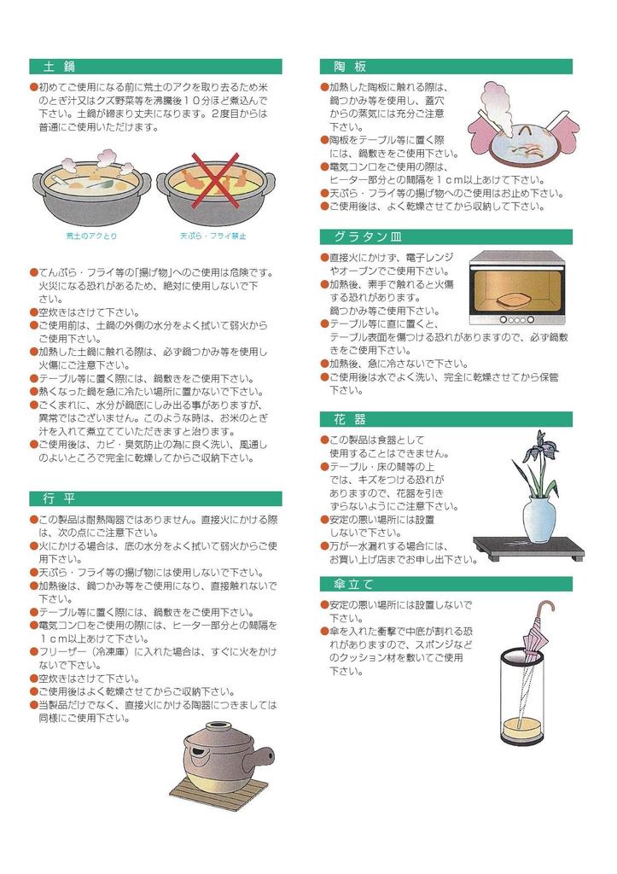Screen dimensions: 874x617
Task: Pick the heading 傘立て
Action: tap(353, 584)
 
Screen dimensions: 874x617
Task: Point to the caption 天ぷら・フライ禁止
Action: tap(212, 236)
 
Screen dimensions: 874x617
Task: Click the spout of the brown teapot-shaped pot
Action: tap(266, 755)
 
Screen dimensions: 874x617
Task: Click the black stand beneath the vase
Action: tap(529, 548)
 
